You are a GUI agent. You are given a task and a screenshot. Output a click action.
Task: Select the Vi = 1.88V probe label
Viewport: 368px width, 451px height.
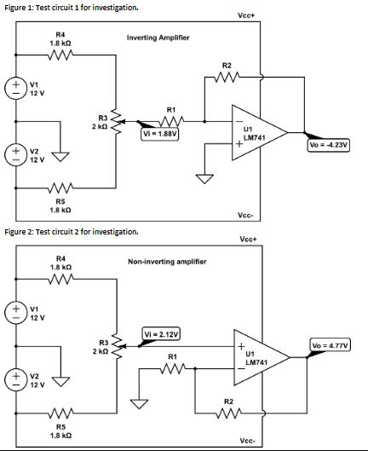click(x=159, y=133)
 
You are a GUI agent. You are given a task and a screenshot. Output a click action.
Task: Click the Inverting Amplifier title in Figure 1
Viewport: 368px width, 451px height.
click(x=158, y=38)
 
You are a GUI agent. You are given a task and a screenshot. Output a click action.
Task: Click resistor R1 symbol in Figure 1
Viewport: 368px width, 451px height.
click(x=171, y=119)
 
